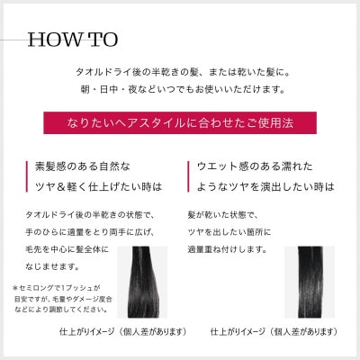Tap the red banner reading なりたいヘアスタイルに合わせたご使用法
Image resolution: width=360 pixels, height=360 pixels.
pyautogui.click(x=180, y=121)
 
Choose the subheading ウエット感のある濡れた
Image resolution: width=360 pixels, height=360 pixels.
pyautogui.click(x=262, y=167)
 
